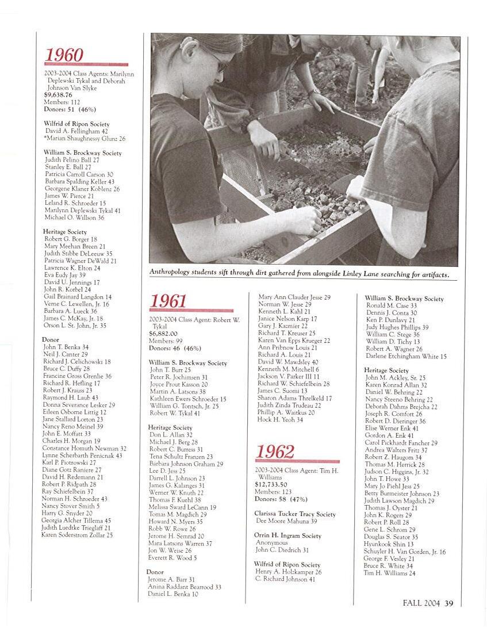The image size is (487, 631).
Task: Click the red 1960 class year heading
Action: click(x=64, y=55)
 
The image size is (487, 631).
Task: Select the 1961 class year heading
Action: click(x=168, y=301)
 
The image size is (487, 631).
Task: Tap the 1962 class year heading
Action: click(x=275, y=452)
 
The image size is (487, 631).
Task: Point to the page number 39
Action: click(x=449, y=603)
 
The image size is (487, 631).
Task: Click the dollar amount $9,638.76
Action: click(x=58, y=95)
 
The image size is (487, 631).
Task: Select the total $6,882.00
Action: click(x=163, y=333)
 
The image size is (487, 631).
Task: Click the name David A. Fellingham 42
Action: click(x=76, y=131)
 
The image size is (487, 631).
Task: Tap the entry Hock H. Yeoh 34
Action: click(x=280, y=420)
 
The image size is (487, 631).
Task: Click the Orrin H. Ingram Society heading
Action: click(x=287, y=536)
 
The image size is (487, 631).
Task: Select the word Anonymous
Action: click(x=271, y=542)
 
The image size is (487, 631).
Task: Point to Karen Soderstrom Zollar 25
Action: click(x=77, y=535)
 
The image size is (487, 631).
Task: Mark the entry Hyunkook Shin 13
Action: click(x=389, y=544)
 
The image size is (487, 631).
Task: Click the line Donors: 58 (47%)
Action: click(x=281, y=499)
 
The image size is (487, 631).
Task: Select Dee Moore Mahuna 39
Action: click(x=286, y=521)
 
